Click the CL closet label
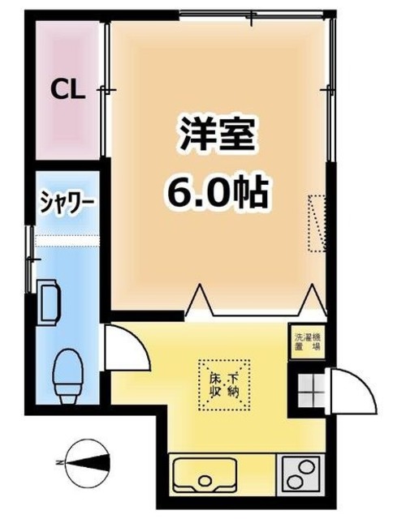(69, 90)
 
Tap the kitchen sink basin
(204, 473)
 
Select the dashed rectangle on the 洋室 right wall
(316, 220)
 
